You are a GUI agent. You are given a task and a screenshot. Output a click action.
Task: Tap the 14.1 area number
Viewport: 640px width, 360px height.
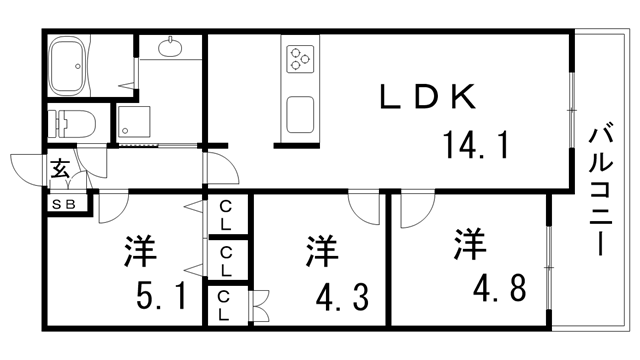tap(477, 147)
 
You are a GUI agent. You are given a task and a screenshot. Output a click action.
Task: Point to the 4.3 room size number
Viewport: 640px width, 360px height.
tap(336, 297)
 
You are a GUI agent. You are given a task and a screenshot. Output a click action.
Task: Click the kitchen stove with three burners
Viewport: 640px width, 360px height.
tap(299, 59)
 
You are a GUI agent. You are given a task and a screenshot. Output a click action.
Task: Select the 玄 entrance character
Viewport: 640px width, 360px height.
tap(60, 169)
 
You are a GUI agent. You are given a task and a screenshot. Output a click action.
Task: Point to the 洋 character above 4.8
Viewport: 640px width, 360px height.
tap(469, 243)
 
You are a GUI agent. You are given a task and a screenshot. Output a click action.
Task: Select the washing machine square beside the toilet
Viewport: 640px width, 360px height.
tap(134, 122)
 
